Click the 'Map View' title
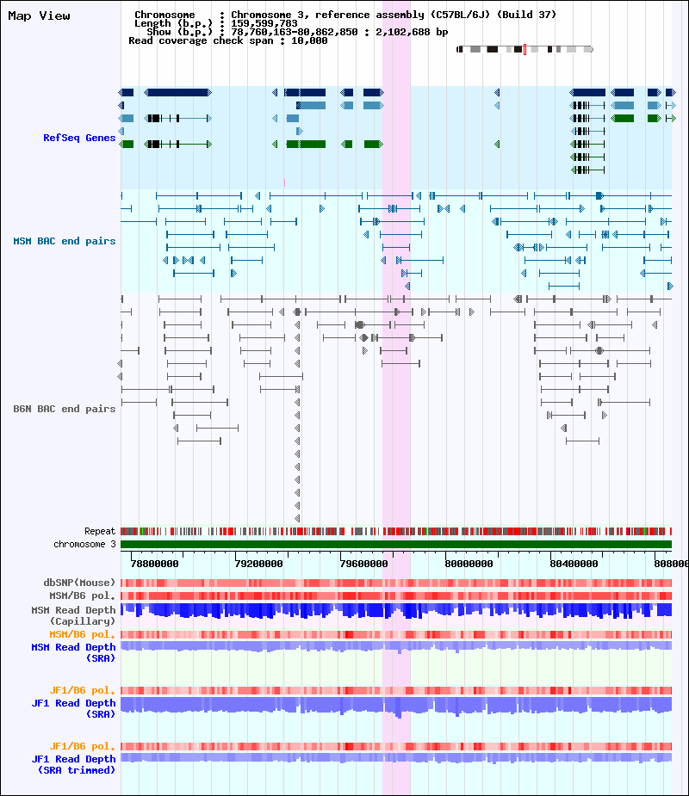[39, 15]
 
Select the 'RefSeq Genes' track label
[79, 138]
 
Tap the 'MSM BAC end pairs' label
[65, 241]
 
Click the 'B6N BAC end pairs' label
[65, 409]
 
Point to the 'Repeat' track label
[100, 531]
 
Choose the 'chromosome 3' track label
[85, 544]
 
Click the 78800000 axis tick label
[154, 564]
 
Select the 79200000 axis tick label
[259, 564]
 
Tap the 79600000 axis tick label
[363, 564]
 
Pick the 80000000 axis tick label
[469, 564]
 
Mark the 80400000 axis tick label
[574, 564]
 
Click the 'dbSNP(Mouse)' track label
[79, 583]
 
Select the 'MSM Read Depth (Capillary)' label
[74, 615]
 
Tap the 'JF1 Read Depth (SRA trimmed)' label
[74, 764]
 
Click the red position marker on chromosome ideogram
[525, 49]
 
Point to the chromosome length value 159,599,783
[264, 23]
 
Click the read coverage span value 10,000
[309, 40]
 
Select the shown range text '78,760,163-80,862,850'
[295, 32]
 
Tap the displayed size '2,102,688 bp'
[412, 32]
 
